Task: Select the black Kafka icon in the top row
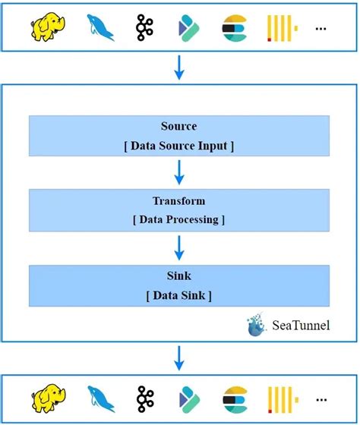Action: tap(145, 27)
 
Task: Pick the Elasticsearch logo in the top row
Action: tap(233, 27)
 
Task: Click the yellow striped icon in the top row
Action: tap(281, 27)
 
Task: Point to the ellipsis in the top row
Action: tap(321, 29)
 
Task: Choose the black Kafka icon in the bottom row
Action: tap(145, 398)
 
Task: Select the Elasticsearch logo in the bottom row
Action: tap(233, 399)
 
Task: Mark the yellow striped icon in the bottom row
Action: tap(281, 399)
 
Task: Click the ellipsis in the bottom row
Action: tap(321, 401)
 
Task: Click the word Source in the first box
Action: tap(179, 126)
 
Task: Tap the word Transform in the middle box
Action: tap(179, 201)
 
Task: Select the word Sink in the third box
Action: tap(179, 277)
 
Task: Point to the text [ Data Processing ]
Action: tap(179, 219)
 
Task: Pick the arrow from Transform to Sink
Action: tap(179, 247)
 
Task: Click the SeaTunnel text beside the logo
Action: tap(302, 326)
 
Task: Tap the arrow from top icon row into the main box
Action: tap(179, 68)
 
